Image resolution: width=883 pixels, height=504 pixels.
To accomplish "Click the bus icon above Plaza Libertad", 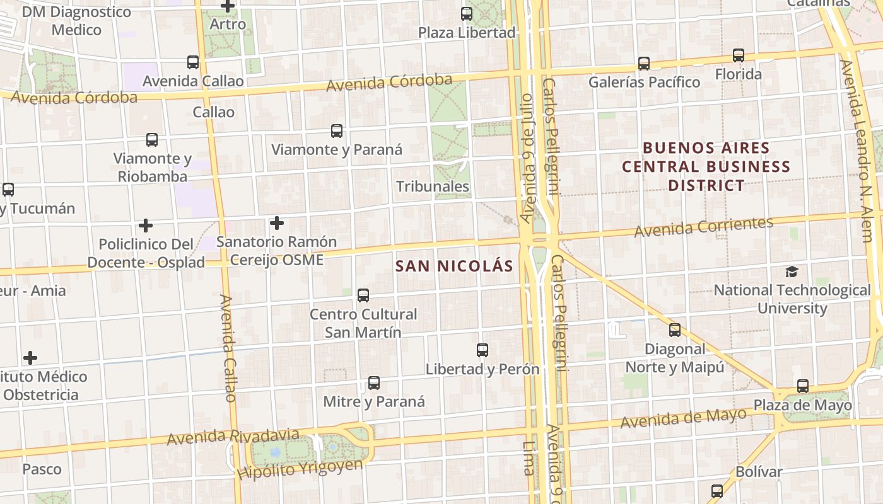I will pos(467,13).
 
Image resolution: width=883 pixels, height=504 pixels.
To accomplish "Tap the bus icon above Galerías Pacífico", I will pos(643,63).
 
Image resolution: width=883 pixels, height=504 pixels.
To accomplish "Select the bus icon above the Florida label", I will pos(738,55).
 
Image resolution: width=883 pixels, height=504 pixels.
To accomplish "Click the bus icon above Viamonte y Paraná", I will pos(337,131).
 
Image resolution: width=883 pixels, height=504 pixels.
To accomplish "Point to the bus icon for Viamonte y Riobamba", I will pos(152,140).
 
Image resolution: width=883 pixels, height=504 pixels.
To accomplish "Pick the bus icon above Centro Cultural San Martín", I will pos(363,295).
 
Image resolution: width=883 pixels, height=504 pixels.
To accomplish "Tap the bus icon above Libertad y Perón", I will pos(482,350).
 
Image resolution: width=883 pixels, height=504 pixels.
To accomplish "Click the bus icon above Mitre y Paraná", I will pos(374,382).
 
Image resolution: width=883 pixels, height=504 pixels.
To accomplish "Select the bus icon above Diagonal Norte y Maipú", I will pos(675,329).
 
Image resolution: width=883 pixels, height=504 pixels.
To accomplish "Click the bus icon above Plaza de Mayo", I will pos(802,386).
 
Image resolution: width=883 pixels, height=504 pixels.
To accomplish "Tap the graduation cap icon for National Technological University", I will pos(792,272).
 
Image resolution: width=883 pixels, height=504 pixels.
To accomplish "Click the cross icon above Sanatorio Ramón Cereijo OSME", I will pos(276,223).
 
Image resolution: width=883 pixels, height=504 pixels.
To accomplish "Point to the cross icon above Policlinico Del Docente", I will pos(146,226).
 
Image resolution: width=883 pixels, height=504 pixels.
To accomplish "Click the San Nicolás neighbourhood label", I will pos(454,266).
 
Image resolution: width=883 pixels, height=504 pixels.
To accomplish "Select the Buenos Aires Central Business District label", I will pos(706,167).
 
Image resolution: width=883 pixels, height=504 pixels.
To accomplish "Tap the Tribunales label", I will pos(433,186).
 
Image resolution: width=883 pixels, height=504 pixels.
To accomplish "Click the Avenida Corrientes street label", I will pos(703,227).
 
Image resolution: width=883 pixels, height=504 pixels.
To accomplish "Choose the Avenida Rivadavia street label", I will pos(233,435).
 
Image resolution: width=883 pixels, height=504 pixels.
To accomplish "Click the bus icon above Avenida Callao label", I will pos(193,62).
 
